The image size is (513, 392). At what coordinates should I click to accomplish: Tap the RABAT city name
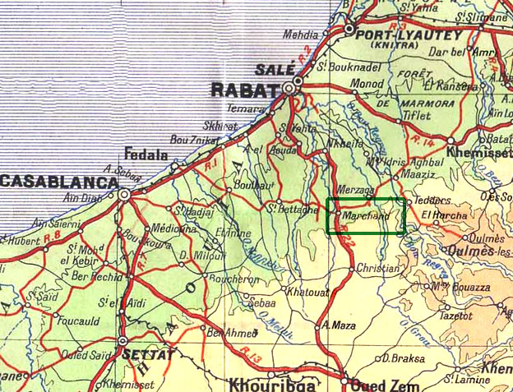click(243, 90)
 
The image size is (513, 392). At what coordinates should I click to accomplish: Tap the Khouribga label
click(267, 384)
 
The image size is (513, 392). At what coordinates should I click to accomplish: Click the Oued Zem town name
click(379, 385)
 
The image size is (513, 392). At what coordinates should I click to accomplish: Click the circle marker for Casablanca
click(123, 196)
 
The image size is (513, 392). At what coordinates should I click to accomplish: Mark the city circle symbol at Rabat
click(289, 87)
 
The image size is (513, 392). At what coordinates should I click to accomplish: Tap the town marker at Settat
click(123, 341)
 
